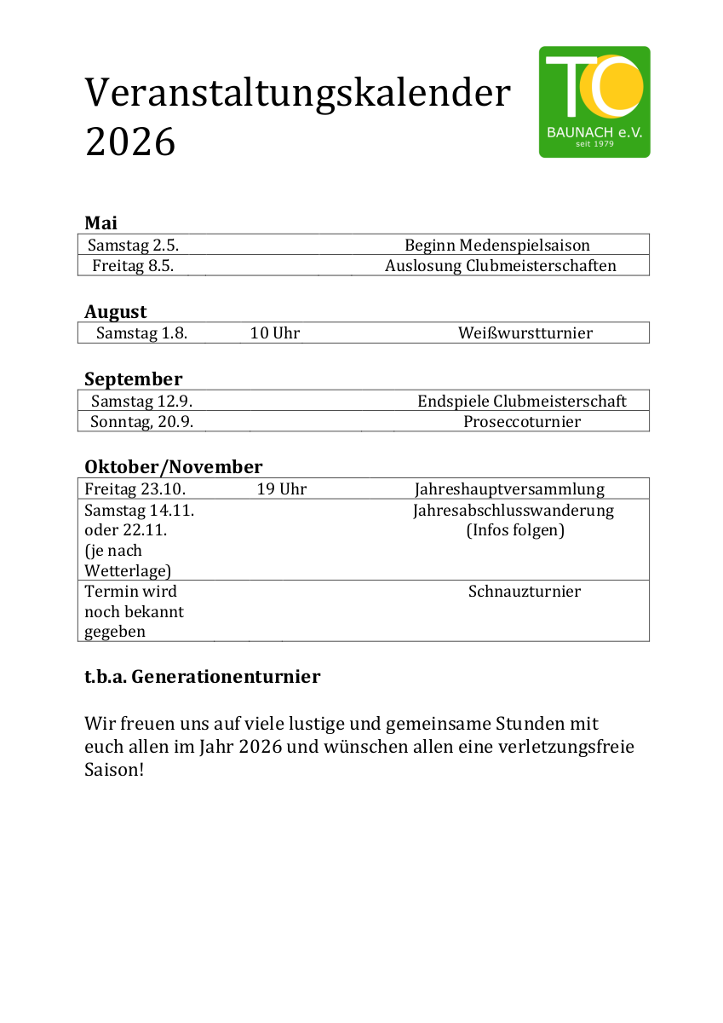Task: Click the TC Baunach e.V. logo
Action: click(x=594, y=102)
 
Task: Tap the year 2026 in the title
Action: click(x=130, y=142)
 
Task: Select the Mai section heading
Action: click(x=101, y=223)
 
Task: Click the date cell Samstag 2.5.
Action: click(x=133, y=246)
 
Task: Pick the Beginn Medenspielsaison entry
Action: click(x=497, y=246)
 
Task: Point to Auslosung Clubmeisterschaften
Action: click(x=501, y=266)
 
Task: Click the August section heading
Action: click(x=116, y=312)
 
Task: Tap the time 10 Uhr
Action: click(x=275, y=333)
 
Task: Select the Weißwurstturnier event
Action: click(x=525, y=333)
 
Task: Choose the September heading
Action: click(x=133, y=379)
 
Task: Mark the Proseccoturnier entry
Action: click(x=522, y=422)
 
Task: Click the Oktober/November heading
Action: click(x=174, y=467)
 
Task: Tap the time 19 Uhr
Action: click(x=282, y=489)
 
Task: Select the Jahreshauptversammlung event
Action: click(x=509, y=489)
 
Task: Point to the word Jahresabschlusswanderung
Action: click(x=514, y=511)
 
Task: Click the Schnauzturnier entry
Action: click(x=525, y=592)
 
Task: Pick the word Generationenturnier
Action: click(x=226, y=678)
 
